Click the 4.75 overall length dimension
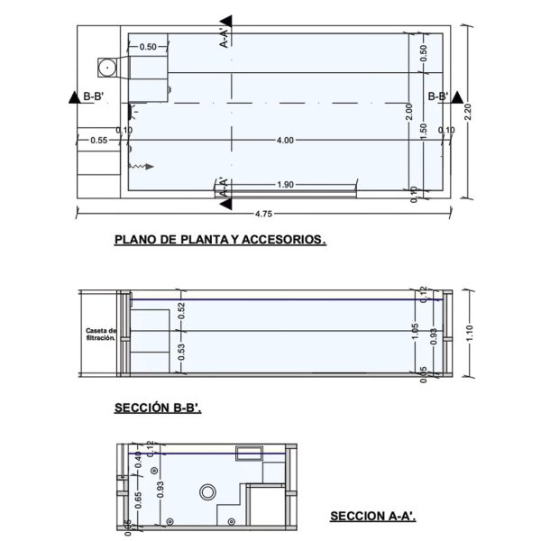(262, 215)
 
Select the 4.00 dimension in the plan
(285, 140)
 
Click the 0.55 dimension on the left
(98, 140)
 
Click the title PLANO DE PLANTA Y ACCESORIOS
(219, 241)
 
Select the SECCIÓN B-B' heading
(158, 408)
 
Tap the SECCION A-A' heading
(371, 517)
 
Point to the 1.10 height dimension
(479, 333)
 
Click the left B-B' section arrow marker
(71, 96)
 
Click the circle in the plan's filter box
(107, 66)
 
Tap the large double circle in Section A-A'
(208, 492)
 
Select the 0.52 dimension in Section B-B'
(181, 312)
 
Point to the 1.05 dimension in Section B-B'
(415, 330)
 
